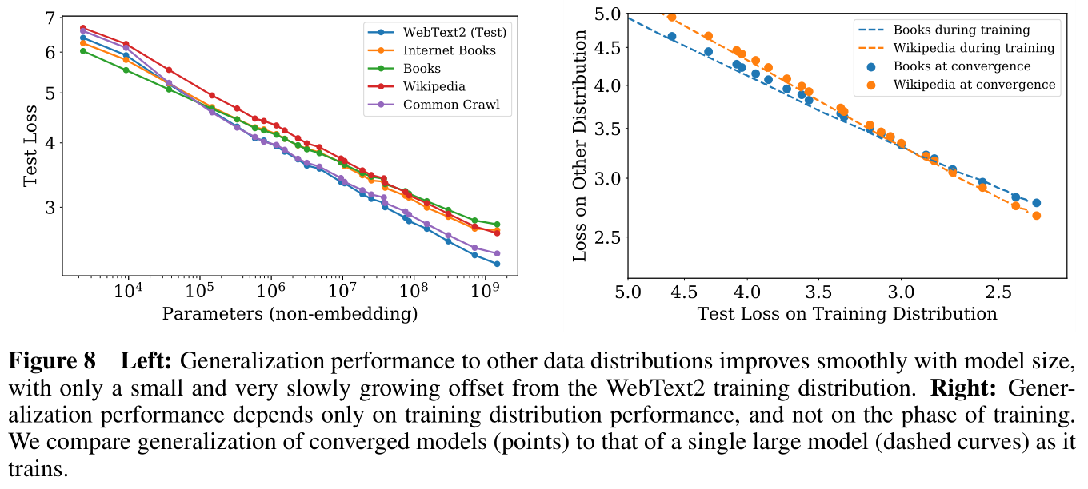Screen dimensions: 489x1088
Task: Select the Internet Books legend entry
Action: pyautogui.click(x=449, y=50)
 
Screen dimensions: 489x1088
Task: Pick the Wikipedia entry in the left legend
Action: pyautogui.click(x=434, y=86)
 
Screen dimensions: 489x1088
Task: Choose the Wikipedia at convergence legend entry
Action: pyautogui.click(x=974, y=84)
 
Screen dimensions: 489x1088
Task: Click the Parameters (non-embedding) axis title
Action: pyautogui.click(x=290, y=314)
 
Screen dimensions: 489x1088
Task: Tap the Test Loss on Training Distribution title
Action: pyautogui.click(x=847, y=313)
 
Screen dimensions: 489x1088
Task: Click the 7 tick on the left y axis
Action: pyautogui.click(x=50, y=18)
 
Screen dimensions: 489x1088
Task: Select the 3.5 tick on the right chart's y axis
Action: pyautogui.click(x=597, y=129)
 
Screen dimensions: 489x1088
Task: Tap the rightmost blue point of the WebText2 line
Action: pyautogui.click(x=497, y=264)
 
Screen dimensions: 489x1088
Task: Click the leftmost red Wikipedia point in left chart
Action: pyautogui.click(x=83, y=28)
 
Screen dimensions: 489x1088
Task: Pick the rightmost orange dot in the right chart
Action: pyautogui.click(x=1036, y=216)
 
